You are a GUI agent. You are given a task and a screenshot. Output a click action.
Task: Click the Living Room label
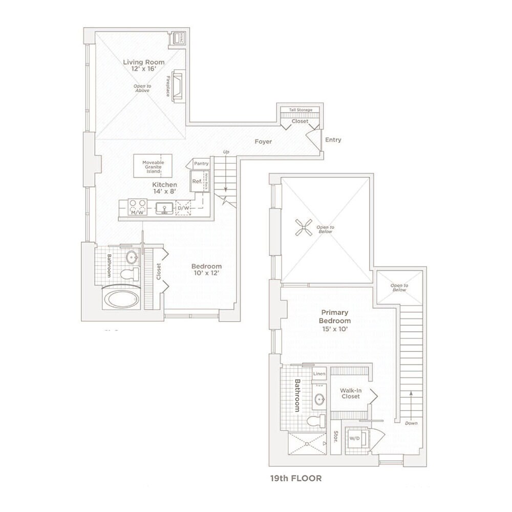click(137, 62)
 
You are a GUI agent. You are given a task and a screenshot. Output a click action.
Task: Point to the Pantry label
click(201, 163)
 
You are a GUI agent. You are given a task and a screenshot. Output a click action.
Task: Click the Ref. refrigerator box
click(197, 181)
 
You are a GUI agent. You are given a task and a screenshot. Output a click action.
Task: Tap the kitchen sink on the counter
click(164, 208)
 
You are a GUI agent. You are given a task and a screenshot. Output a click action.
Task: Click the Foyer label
click(264, 141)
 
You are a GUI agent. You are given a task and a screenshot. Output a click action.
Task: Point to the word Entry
click(333, 140)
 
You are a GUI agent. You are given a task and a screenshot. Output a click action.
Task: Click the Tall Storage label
click(301, 110)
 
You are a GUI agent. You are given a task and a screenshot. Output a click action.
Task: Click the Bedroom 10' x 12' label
click(206, 270)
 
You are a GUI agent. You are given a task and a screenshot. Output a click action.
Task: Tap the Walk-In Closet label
click(350, 393)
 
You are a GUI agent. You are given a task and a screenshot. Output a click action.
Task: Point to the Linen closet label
click(319, 374)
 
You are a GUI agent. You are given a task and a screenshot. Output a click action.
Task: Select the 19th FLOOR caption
click(296, 479)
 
